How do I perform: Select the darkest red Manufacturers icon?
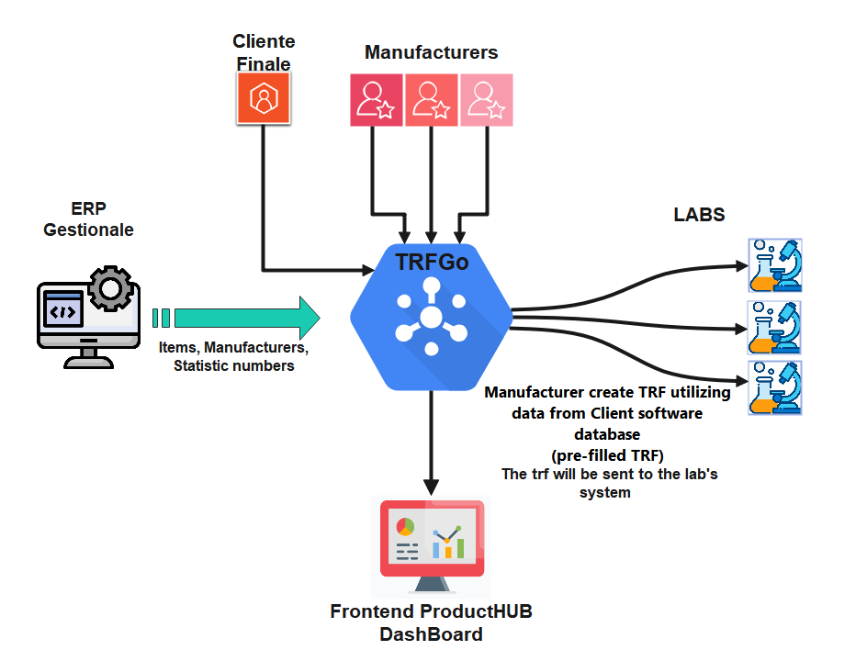(377, 99)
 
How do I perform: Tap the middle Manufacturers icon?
(432, 99)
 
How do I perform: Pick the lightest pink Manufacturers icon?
(486, 99)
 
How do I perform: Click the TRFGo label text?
(432, 262)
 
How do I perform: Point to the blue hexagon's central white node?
(431, 318)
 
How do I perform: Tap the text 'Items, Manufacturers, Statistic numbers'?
(234, 357)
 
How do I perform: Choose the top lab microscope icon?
(776, 265)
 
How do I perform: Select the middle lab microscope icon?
(776, 326)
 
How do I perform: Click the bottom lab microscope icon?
(776, 387)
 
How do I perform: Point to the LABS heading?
(700, 215)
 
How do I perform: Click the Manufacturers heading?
(432, 52)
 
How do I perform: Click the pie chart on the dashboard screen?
(404, 527)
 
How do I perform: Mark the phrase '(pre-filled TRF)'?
(607, 454)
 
